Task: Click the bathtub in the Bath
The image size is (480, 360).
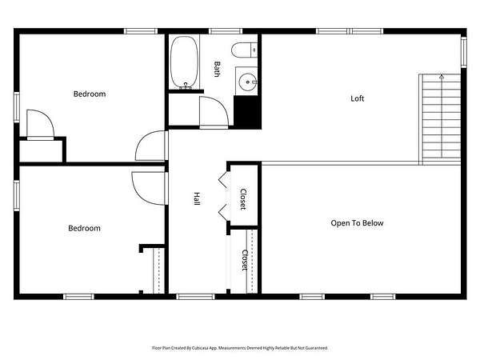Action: coord(184,62)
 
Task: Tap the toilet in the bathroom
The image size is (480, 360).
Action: coord(244,50)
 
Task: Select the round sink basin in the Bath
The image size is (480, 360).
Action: coord(247,82)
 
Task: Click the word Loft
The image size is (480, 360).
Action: coord(358,98)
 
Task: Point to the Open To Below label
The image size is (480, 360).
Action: coord(357,223)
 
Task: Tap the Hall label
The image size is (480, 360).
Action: coord(197,198)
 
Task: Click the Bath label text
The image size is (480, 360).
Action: coord(217,69)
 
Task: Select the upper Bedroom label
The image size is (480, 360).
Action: coord(90,94)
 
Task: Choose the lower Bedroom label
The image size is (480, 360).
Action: coord(84,228)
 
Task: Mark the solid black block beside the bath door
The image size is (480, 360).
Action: coord(247,112)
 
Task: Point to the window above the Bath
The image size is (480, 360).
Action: coord(226,31)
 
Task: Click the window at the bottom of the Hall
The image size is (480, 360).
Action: coord(195,297)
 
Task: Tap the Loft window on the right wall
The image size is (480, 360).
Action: coord(464,52)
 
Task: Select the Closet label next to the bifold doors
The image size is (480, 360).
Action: coord(243,199)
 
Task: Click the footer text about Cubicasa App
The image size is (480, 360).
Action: coord(240,348)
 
